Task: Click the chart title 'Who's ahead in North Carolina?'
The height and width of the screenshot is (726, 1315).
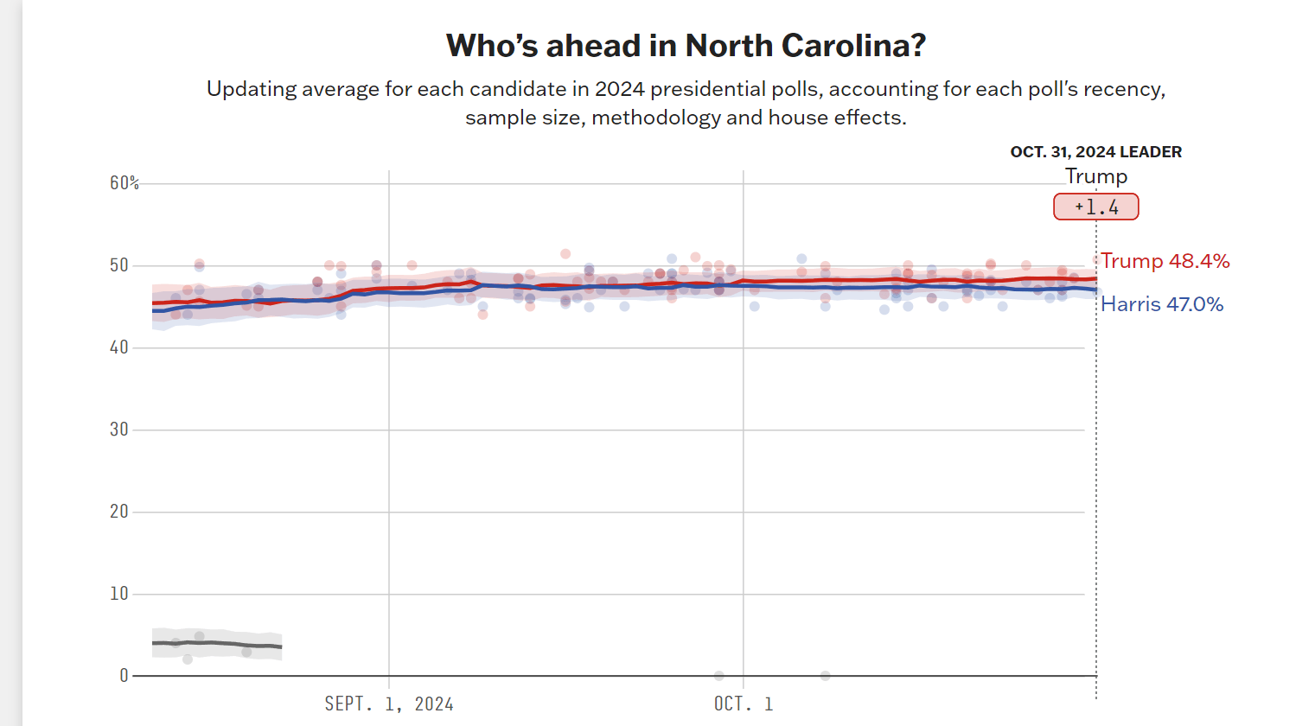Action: tap(686, 46)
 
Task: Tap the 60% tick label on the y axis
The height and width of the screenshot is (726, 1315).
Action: tap(124, 182)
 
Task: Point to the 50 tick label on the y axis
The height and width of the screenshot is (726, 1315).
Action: tap(119, 265)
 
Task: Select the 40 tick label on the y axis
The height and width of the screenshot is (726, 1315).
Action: tap(119, 347)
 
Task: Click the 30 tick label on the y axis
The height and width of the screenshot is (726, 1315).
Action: tap(119, 430)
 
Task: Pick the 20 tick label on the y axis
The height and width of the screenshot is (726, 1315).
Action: tap(119, 512)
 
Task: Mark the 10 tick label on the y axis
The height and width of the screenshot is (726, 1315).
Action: tap(119, 594)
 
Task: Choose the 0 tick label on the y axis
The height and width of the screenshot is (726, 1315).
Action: tap(124, 676)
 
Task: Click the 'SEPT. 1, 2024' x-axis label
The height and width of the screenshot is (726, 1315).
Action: tap(389, 704)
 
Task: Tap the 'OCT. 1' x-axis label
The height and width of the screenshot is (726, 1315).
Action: tap(744, 704)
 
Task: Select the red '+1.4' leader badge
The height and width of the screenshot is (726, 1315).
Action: tap(1095, 207)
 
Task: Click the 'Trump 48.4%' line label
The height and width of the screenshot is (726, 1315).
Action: tap(1165, 261)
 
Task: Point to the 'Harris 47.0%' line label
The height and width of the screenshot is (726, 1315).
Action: tap(1162, 304)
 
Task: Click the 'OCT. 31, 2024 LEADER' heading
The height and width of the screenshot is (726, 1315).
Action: tap(1095, 152)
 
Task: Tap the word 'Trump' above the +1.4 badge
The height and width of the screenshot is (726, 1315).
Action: tap(1095, 176)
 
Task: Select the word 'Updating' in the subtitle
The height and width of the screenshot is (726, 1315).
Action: tap(251, 89)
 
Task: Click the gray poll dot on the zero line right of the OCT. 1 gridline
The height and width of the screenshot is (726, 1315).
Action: tap(826, 676)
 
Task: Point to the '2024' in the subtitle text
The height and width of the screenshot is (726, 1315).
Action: tap(619, 89)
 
